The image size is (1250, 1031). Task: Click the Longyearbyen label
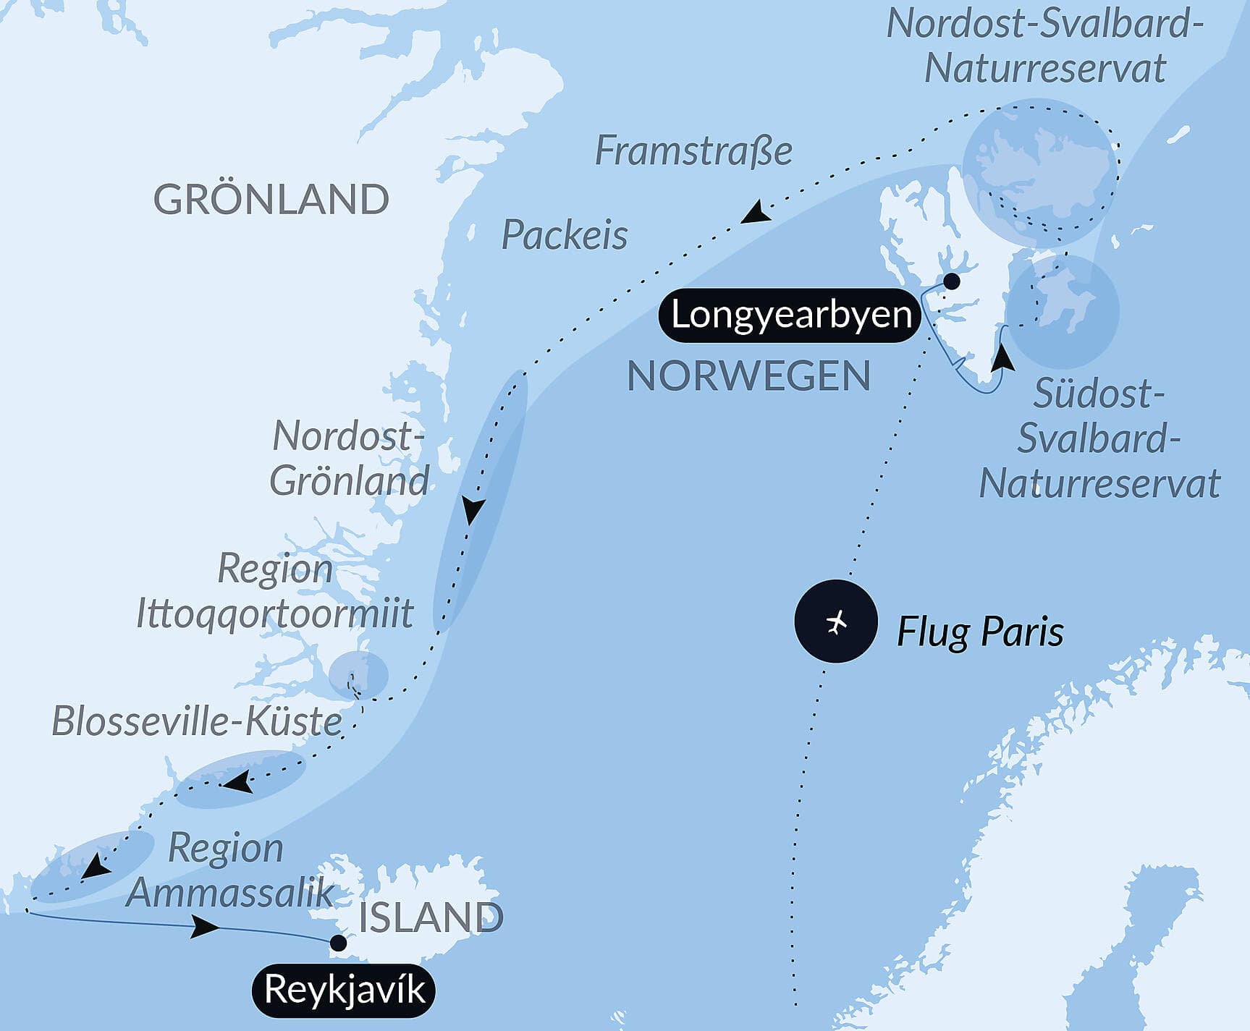tap(790, 315)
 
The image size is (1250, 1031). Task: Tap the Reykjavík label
tap(344, 990)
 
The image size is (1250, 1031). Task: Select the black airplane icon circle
tap(836, 621)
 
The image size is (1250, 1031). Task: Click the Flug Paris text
tap(980, 631)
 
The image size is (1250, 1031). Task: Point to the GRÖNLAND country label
tap(271, 200)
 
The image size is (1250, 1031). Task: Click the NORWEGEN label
tap(748, 377)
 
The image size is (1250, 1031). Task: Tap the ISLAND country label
tap(431, 917)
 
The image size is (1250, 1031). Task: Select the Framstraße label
tap(693, 151)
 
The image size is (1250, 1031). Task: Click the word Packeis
tap(565, 235)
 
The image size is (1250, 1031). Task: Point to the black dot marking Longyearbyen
tap(952, 281)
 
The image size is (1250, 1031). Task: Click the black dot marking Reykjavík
tap(338, 943)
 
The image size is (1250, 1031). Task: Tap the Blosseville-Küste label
tap(197, 721)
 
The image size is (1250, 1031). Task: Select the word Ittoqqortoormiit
tap(275, 614)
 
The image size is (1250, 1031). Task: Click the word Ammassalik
tap(230, 892)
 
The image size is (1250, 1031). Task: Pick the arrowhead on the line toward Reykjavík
tap(205, 926)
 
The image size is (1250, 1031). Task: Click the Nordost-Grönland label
tap(349, 459)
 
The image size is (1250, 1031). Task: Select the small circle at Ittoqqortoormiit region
tap(358, 674)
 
